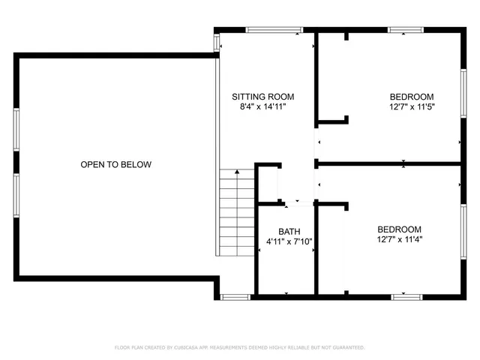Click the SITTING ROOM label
click(262, 97)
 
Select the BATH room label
click(289, 232)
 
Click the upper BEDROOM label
click(412, 97)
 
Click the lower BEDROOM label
click(399, 229)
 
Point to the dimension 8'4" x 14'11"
click(262, 107)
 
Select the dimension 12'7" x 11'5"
click(412, 107)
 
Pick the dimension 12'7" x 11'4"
click(399, 240)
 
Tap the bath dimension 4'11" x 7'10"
click(289, 241)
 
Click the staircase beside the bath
click(237, 213)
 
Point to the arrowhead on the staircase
click(238, 172)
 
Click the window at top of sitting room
click(271, 30)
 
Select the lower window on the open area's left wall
click(16, 196)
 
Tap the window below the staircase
click(235, 297)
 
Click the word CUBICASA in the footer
click(187, 348)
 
